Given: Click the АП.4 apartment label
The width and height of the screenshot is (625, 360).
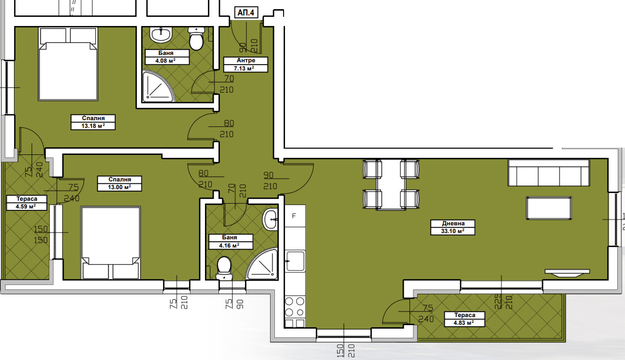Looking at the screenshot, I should (x=245, y=13).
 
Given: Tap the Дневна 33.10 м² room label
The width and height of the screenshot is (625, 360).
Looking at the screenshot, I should (x=453, y=227).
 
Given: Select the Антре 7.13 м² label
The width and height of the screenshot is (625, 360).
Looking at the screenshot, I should (x=245, y=64).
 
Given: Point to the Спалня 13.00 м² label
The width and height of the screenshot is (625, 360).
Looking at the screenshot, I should (x=114, y=183).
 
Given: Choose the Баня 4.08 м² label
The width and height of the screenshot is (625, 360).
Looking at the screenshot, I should (x=165, y=57).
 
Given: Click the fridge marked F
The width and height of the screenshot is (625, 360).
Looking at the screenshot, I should (x=294, y=216).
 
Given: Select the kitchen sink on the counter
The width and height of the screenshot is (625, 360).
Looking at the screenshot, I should (x=295, y=261).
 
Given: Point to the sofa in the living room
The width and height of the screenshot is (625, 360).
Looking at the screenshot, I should (x=548, y=173).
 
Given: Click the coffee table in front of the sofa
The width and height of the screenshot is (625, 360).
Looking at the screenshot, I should (x=549, y=208).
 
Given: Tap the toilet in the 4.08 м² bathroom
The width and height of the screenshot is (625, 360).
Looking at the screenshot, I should (x=196, y=39).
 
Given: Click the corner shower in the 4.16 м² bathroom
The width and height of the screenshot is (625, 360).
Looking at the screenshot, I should (x=263, y=265).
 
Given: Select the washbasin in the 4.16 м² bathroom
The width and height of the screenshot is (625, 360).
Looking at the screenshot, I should (x=271, y=221).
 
